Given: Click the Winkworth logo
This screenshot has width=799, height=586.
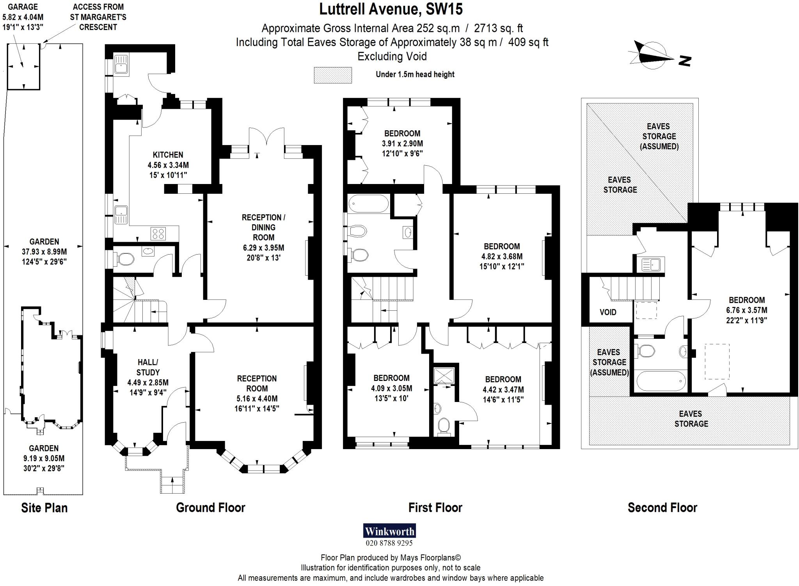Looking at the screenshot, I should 389,531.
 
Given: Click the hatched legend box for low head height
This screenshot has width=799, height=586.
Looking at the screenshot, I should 333,75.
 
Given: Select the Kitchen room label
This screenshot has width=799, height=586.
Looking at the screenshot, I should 168,155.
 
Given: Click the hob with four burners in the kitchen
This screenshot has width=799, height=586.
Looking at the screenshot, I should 158,234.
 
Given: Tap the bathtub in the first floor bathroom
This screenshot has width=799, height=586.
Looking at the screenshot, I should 368,204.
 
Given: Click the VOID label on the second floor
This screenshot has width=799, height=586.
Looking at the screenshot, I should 608,312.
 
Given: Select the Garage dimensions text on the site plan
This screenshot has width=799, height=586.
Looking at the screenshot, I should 23,17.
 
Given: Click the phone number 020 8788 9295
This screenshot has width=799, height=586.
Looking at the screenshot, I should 389,543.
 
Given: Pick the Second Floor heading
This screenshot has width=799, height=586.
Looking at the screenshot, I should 662,508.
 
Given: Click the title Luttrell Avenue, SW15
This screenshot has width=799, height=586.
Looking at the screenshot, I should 391,9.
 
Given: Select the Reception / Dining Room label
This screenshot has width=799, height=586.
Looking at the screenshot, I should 263,227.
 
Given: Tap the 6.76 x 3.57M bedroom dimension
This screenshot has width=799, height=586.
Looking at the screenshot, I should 746,310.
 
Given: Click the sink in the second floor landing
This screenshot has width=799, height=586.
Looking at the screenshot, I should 651,265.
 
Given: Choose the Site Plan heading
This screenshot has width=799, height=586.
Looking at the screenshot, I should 44,508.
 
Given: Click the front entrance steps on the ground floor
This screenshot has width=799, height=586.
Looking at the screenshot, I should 172,485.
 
